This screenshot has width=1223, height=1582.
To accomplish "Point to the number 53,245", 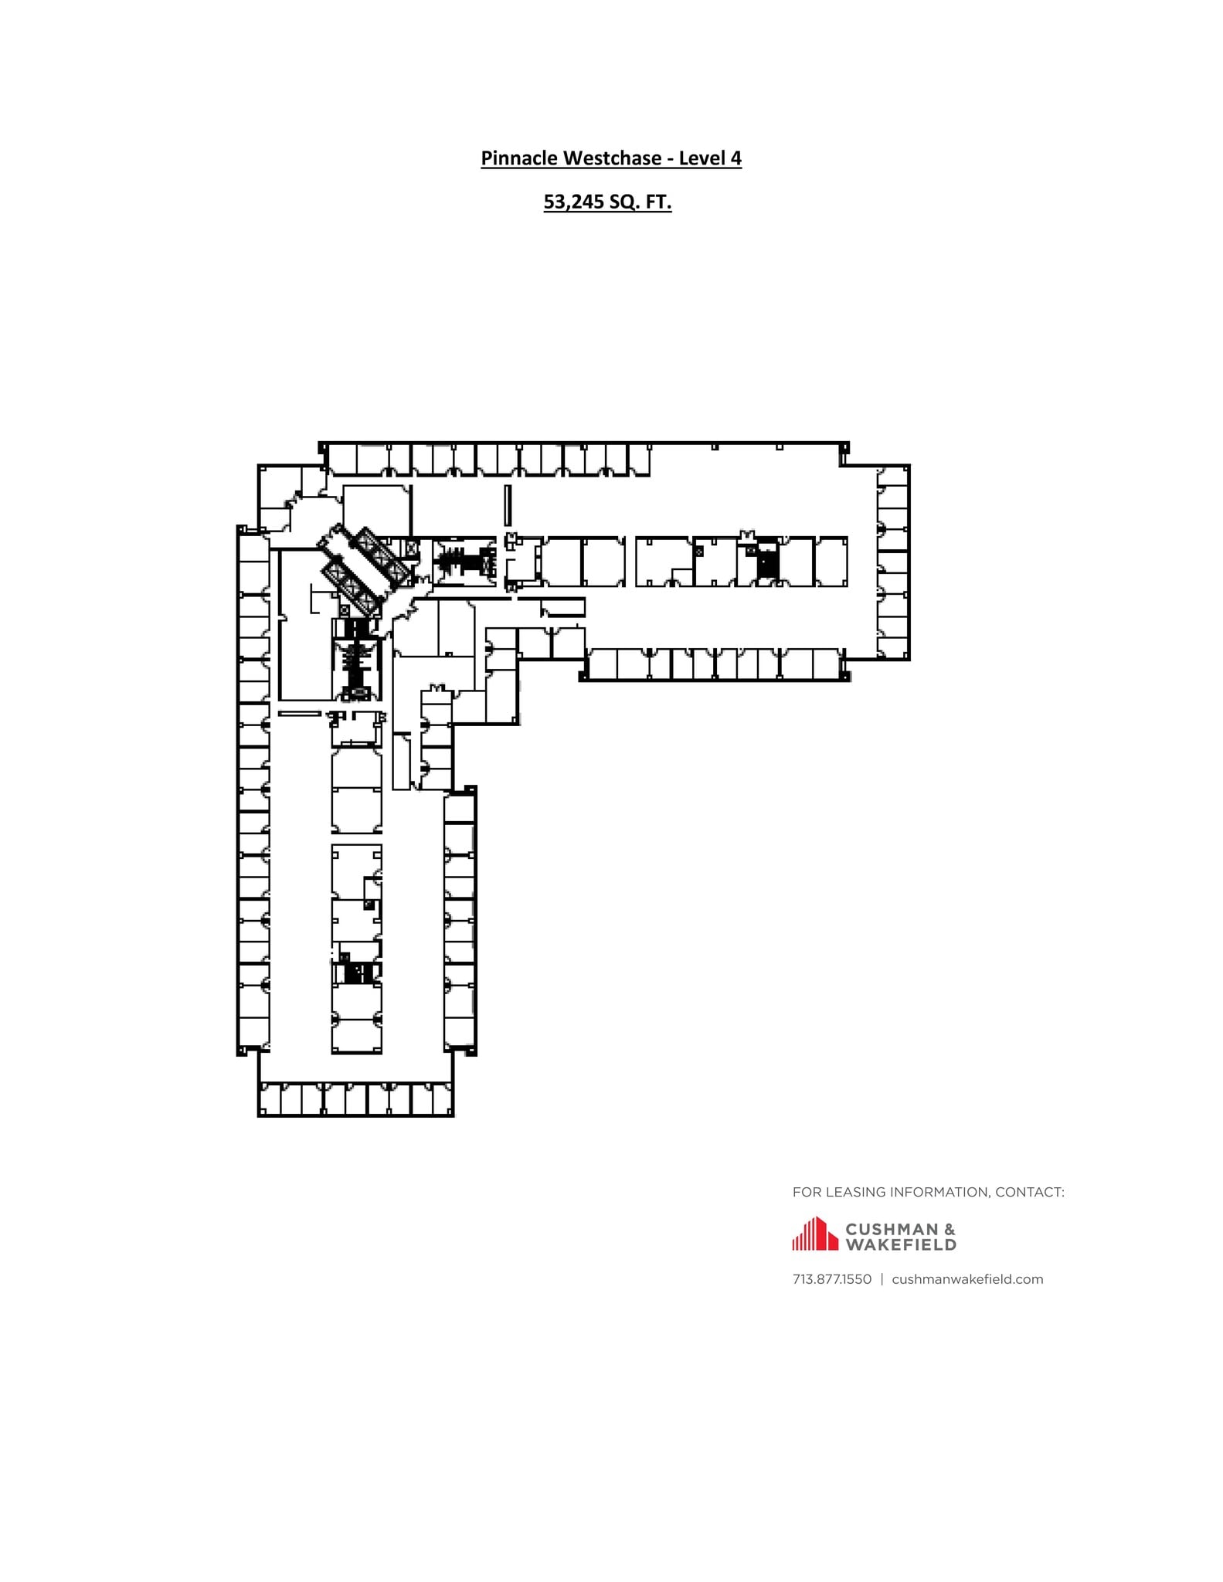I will tap(573, 202).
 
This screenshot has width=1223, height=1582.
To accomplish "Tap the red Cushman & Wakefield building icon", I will tap(814, 1234).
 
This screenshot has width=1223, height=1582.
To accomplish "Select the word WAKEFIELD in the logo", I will tap(901, 1245).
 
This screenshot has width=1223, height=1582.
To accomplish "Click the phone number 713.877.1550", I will tap(831, 1279).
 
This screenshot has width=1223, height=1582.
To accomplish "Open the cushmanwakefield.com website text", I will tap(967, 1279).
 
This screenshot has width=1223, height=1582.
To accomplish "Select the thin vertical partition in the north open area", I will tap(508, 505).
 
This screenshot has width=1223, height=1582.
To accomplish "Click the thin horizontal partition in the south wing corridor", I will tap(300, 714).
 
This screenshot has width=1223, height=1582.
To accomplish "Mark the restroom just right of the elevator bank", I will tap(464, 560).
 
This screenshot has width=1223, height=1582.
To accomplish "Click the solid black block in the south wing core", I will tap(357, 972).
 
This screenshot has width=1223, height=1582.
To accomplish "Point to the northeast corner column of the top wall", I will tap(845, 447).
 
